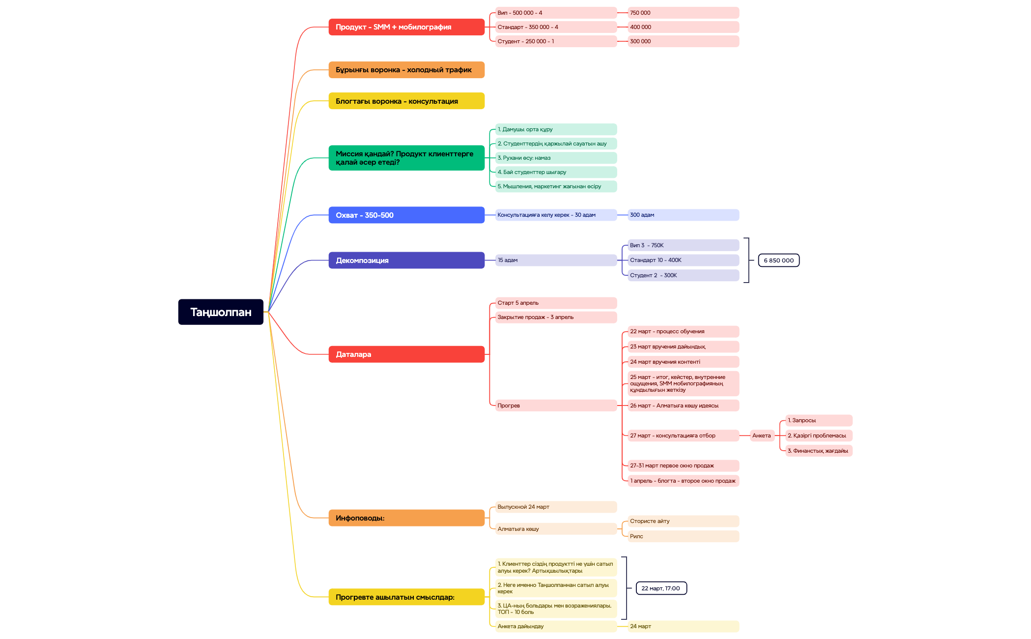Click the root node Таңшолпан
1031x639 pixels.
(221, 312)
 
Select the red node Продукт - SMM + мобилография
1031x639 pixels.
(406, 27)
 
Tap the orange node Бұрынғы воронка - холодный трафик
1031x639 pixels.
(406, 70)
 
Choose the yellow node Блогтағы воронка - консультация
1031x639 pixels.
(406, 101)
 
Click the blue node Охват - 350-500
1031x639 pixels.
(406, 215)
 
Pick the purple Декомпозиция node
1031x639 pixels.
(406, 261)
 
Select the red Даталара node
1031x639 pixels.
(406, 354)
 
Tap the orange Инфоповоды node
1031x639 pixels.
(406, 518)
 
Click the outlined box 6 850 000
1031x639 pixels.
(778, 261)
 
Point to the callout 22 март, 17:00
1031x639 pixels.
(661, 588)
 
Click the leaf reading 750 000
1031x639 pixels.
(683, 13)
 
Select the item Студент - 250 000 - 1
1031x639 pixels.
(555, 41)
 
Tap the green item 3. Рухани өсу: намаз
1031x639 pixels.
(555, 158)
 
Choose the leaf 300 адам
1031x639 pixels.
(683, 215)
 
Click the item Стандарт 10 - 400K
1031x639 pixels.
(683, 260)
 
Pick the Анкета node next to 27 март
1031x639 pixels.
(762, 436)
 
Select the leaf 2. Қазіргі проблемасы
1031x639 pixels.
(818, 436)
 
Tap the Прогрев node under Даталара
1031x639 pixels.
(555, 406)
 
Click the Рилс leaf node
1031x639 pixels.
(683, 536)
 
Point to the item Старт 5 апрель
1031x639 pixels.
(555, 303)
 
